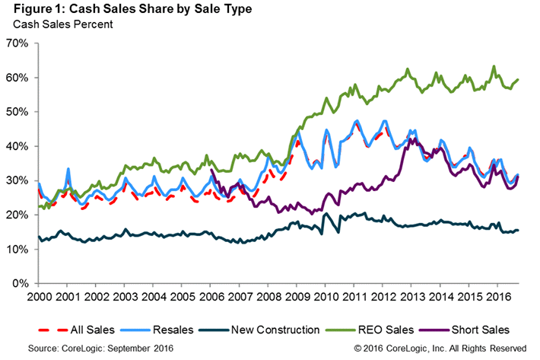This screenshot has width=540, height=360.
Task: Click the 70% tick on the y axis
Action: click(x=17, y=43)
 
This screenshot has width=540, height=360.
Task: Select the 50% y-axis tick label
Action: click(x=17, y=112)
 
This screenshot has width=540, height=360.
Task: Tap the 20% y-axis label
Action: click(x=17, y=215)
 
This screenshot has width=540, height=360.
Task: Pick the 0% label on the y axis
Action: click(x=20, y=283)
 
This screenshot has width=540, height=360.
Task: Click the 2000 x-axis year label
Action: click(x=38, y=295)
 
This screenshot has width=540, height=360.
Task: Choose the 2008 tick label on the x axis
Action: click(x=268, y=295)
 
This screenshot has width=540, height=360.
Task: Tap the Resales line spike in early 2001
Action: click(x=68, y=169)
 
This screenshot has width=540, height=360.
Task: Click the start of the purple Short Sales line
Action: click(x=211, y=170)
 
